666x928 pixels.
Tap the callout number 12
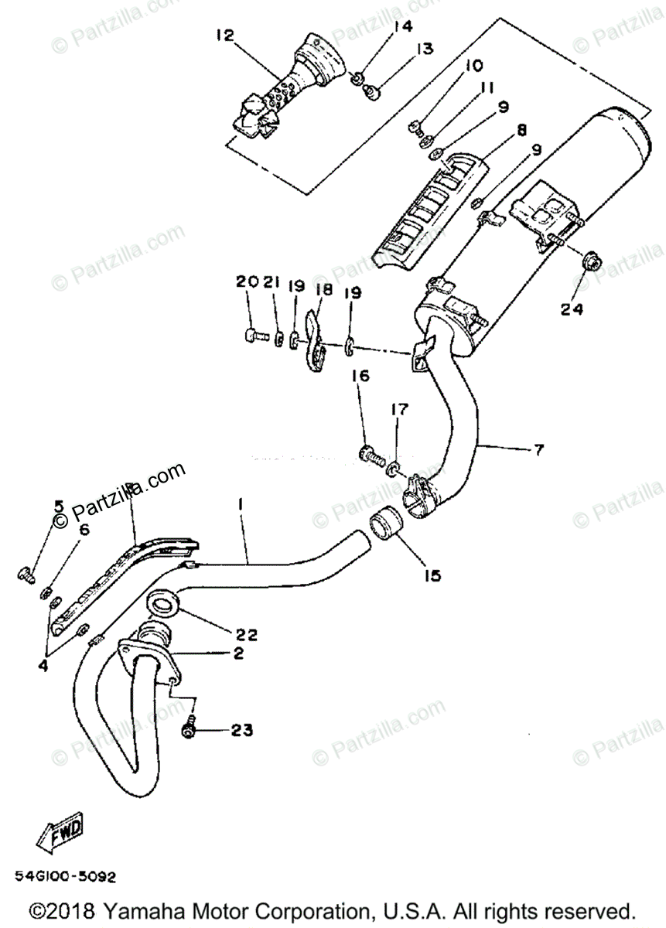tap(224, 36)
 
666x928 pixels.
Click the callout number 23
tap(241, 730)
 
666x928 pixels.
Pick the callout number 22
tap(247, 635)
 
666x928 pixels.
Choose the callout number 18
tap(323, 289)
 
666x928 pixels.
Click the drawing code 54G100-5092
tap(65, 878)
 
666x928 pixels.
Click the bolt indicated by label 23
tap(189, 728)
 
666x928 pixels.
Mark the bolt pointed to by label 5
tap(26, 574)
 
